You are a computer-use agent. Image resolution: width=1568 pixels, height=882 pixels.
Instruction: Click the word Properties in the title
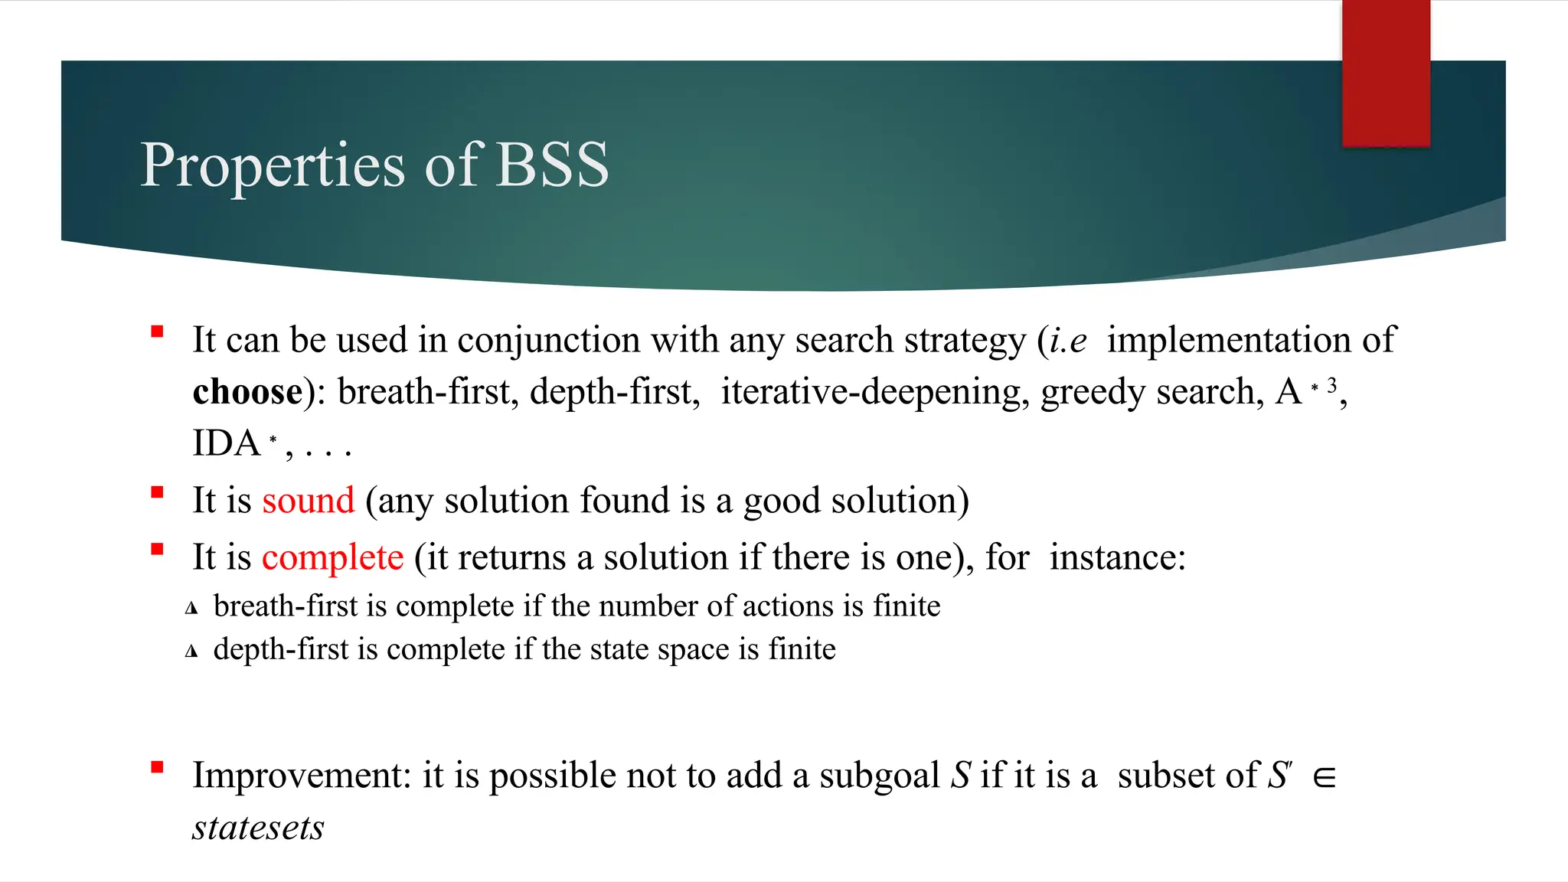tap(273, 166)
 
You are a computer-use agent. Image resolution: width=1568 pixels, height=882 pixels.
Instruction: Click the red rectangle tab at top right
tap(1386, 73)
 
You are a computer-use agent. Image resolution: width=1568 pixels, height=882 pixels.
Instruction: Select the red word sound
tap(309, 501)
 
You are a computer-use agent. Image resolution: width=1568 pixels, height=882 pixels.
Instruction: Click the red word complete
tap(332, 557)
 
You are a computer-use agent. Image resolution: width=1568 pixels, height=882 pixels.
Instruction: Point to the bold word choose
tap(247, 392)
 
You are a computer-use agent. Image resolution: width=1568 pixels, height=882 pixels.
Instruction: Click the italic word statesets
tap(258, 828)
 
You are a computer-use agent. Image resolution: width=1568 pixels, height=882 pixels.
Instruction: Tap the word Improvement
tap(302, 776)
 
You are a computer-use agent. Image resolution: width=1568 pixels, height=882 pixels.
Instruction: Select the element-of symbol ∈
tap(1324, 778)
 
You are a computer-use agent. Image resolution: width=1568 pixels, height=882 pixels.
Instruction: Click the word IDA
tap(227, 443)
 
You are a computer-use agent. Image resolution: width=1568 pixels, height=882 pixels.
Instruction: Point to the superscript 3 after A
tap(1332, 384)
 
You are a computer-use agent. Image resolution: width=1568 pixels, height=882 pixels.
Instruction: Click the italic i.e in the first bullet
tap(1067, 341)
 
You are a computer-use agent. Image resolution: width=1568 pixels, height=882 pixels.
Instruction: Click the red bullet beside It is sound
tap(158, 492)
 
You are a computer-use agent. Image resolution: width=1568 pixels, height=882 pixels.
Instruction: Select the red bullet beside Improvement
tap(158, 767)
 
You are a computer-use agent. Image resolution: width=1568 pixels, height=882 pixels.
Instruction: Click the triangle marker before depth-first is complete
tap(191, 652)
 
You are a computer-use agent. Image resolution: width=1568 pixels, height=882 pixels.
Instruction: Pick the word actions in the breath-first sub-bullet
tap(788, 606)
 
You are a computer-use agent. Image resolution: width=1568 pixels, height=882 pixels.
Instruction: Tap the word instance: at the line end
tap(1117, 557)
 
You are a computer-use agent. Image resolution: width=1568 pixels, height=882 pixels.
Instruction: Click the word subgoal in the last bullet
tap(879, 776)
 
